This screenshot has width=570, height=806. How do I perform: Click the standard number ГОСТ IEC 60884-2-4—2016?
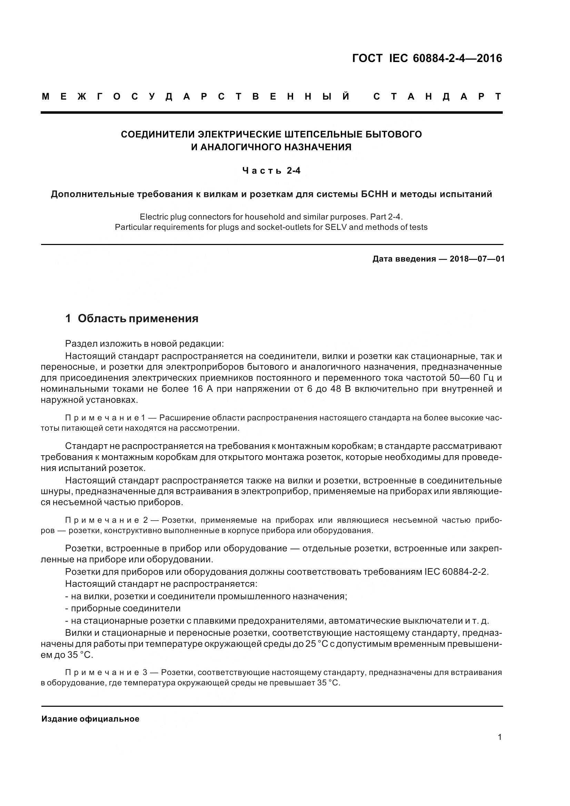click(427, 58)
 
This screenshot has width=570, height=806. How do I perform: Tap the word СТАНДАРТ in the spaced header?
click(438, 97)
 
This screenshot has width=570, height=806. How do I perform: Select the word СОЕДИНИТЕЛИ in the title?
click(158, 134)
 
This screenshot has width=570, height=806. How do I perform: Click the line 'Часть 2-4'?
click(272, 171)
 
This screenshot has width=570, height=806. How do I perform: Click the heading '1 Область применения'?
click(132, 318)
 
